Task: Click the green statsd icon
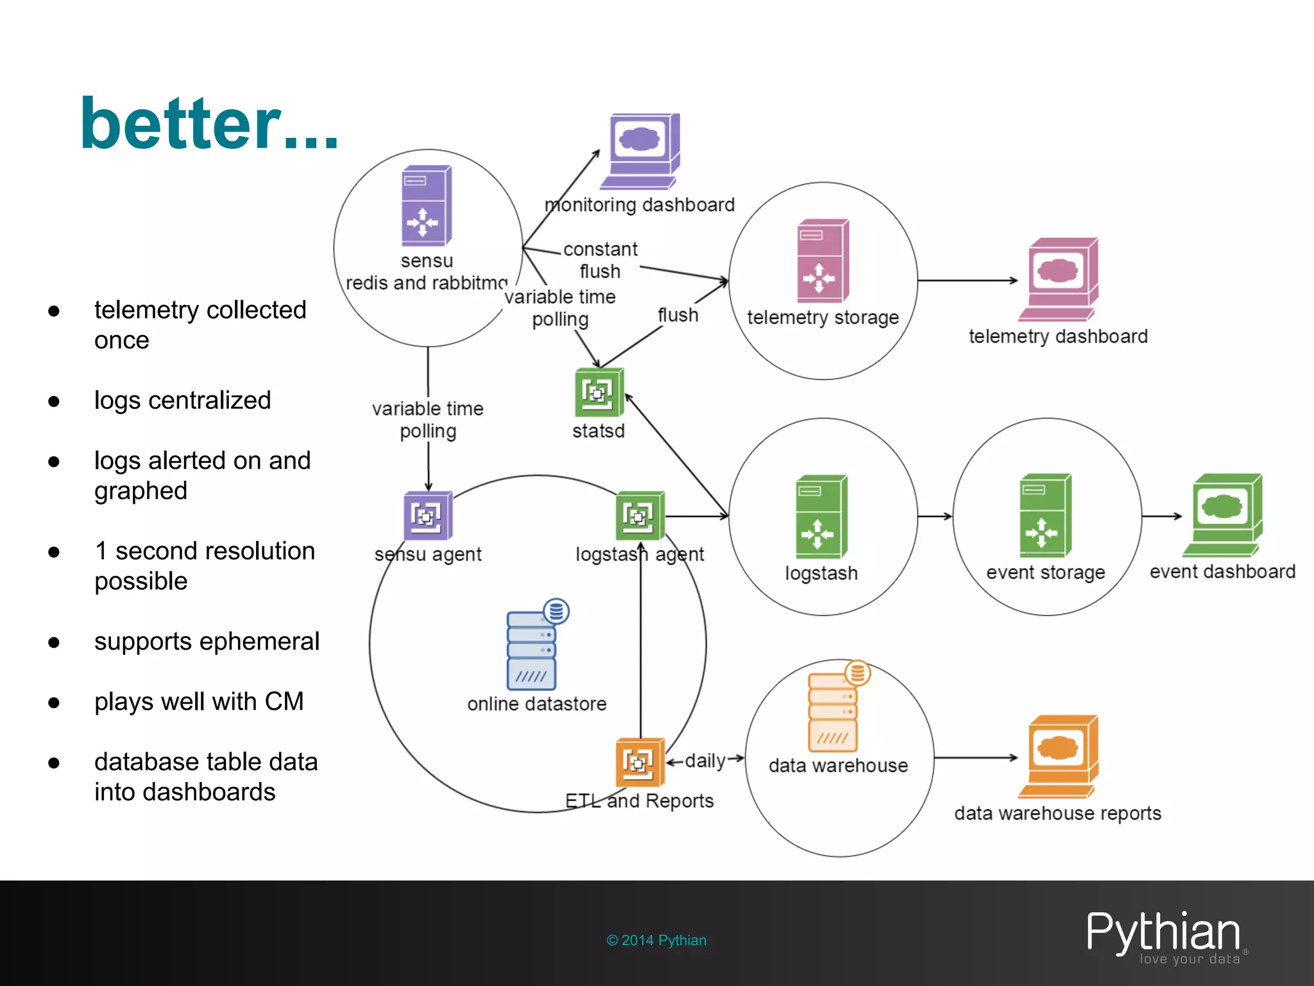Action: pyautogui.click(x=599, y=392)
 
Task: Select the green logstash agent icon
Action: pyautogui.click(x=640, y=515)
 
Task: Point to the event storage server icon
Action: pyautogui.click(x=1045, y=515)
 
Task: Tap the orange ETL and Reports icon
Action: pyautogui.click(x=639, y=762)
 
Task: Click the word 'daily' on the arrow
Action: pyautogui.click(x=705, y=761)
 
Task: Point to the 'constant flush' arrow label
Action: pyautogui.click(x=601, y=260)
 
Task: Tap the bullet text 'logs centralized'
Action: pyautogui.click(x=182, y=400)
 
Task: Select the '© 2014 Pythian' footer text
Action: pyautogui.click(x=656, y=940)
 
